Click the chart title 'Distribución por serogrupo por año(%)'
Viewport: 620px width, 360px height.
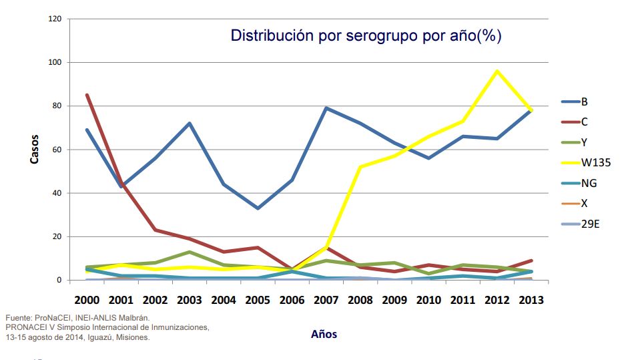pos(366,36)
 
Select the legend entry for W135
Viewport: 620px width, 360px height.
pos(595,162)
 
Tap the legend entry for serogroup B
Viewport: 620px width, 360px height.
pos(585,102)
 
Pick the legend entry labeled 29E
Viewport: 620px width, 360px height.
pos(590,224)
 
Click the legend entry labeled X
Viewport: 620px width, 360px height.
pos(585,203)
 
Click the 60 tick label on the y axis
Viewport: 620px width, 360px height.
pos(57,150)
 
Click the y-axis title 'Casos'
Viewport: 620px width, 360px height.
pos(34,150)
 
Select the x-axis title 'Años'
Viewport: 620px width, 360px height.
pos(324,335)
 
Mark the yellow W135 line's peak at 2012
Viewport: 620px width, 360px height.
pos(497,71)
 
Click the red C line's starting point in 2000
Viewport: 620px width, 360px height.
pos(87,95)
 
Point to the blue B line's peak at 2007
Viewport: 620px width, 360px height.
pos(326,108)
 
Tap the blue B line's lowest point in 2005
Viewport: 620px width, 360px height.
pos(258,208)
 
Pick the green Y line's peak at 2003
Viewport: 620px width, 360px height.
pos(190,252)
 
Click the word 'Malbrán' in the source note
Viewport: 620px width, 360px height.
pos(134,317)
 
